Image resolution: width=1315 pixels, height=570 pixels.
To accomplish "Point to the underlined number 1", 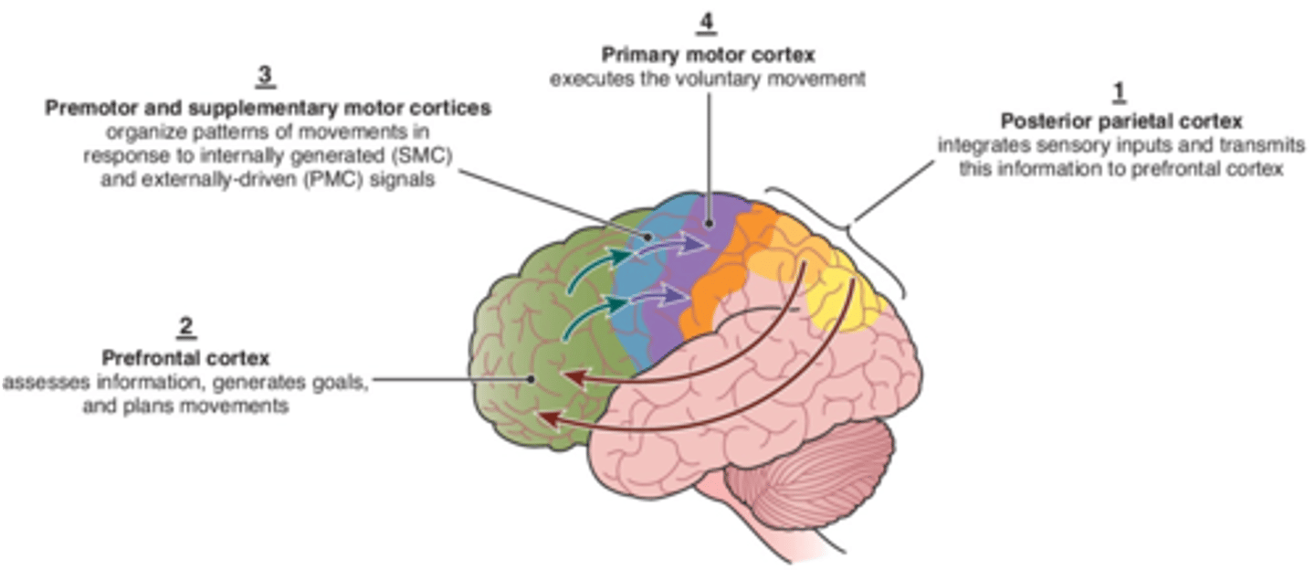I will click(x=1119, y=91).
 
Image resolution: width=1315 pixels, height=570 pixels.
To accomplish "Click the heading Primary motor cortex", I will click(x=707, y=56).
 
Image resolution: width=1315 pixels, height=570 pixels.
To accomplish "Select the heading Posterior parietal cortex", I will click(x=1121, y=121).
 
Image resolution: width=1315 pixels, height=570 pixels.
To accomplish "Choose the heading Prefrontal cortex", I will click(x=185, y=357).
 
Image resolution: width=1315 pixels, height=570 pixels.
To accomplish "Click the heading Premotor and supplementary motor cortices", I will click(x=268, y=108).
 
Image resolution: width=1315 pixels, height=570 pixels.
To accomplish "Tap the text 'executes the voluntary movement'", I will click(x=707, y=79).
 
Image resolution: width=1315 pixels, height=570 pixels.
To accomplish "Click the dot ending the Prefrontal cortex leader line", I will click(x=531, y=379).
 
